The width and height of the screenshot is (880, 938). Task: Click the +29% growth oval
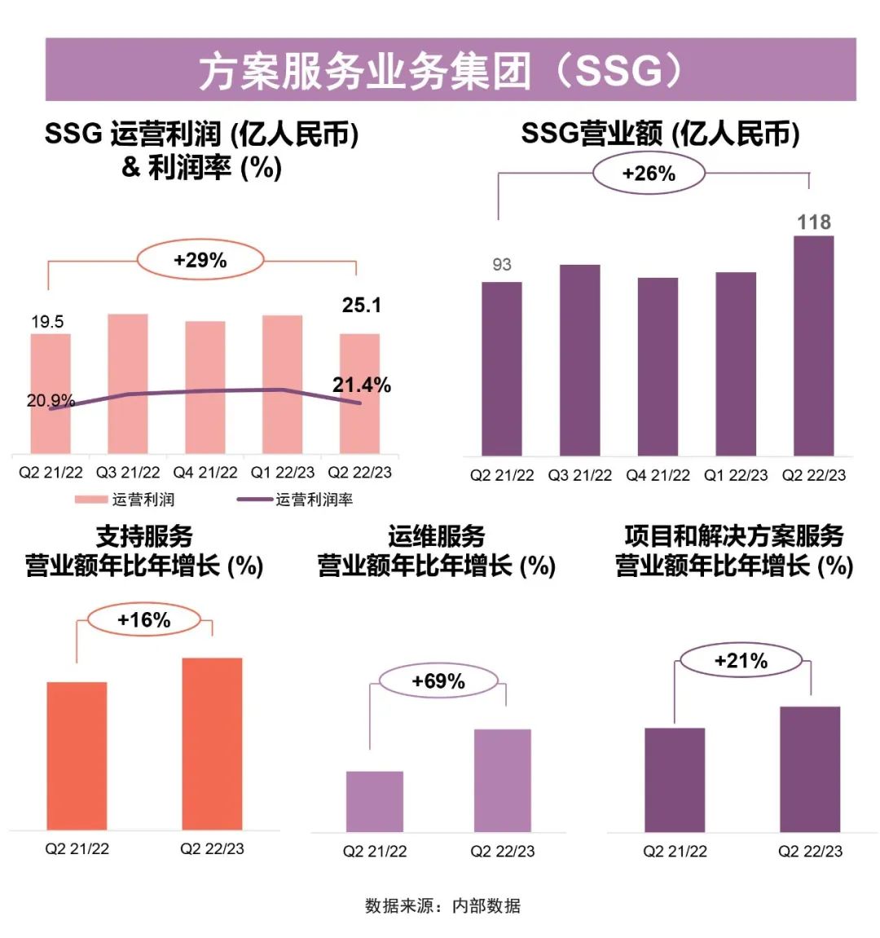coord(200,260)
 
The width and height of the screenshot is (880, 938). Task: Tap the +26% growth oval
coord(649,174)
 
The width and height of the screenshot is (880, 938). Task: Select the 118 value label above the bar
coord(813,222)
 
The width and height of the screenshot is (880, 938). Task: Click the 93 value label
coord(502,264)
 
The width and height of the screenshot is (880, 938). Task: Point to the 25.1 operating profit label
coord(361,305)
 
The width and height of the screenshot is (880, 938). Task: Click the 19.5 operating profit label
coord(47,321)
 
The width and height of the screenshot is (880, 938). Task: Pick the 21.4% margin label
coord(361,385)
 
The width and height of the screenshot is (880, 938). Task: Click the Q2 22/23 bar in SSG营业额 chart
coord(813,346)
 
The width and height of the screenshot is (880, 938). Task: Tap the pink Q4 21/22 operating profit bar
coord(205,387)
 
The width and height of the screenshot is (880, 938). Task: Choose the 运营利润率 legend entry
coord(295,500)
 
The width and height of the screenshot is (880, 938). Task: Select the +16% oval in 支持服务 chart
coord(143,620)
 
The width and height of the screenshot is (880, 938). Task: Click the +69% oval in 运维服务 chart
coord(438,681)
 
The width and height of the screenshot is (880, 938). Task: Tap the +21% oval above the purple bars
coord(741,661)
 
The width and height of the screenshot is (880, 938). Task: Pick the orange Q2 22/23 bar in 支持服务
coord(212,743)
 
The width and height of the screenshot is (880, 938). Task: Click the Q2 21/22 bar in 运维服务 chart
coord(375,801)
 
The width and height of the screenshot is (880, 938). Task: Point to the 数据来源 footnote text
coord(442,905)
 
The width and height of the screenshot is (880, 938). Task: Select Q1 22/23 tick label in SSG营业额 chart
coord(736,475)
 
